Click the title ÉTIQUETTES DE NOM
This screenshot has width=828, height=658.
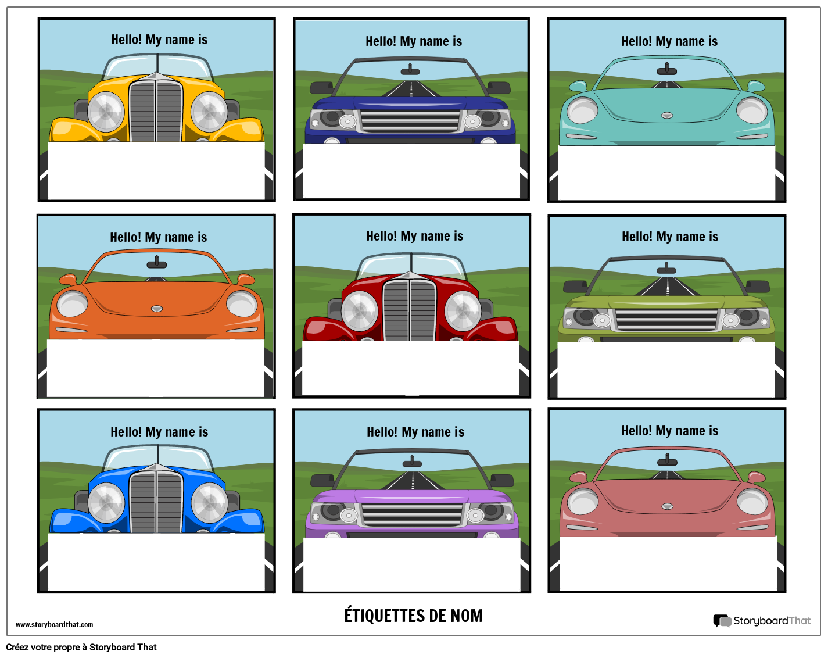tap(413, 616)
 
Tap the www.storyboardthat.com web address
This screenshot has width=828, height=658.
tap(54, 624)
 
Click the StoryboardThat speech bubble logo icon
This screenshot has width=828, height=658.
tap(722, 621)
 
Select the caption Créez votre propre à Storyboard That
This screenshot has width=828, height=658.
tap(81, 647)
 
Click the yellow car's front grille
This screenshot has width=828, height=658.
tap(156, 111)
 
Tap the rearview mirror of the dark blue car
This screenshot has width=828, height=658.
tap(410, 70)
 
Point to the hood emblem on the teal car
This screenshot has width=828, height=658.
tap(667, 116)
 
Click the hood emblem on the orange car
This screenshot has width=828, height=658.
tap(157, 309)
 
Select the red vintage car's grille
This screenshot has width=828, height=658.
tap(410, 310)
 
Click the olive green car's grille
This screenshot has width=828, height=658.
tap(666, 320)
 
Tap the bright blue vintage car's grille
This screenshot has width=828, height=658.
tap(156, 502)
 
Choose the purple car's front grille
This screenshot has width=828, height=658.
tap(412, 515)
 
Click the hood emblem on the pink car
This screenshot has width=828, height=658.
tap(667, 506)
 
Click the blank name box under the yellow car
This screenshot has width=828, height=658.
tap(156, 171)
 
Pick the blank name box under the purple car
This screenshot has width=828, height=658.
tap(412, 564)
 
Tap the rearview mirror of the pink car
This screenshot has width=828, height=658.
tap(667, 460)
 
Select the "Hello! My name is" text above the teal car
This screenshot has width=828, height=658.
tap(669, 42)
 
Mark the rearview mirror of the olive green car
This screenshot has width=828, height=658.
tap(666, 268)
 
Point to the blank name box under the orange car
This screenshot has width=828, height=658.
tap(156, 368)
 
